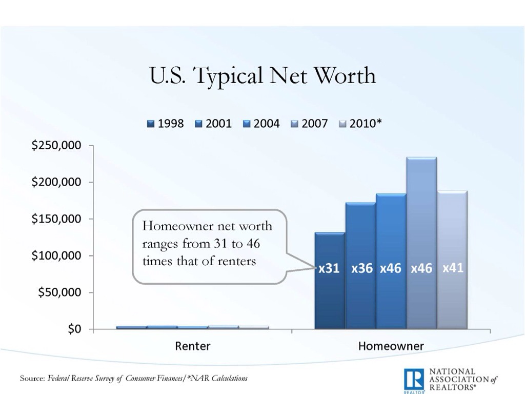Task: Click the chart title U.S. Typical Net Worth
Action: (x=262, y=76)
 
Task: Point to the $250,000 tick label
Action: (x=56, y=146)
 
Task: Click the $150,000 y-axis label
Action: (x=56, y=219)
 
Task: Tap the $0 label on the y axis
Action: (x=74, y=329)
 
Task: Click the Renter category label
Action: (x=192, y=346)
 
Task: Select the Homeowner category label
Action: (x=391, y=346)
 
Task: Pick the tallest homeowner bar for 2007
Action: (x=421, y=215)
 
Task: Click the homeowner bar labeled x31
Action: (x=329, y=298)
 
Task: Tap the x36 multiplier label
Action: (x=362, y=268)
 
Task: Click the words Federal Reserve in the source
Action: (x=77, y=379)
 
